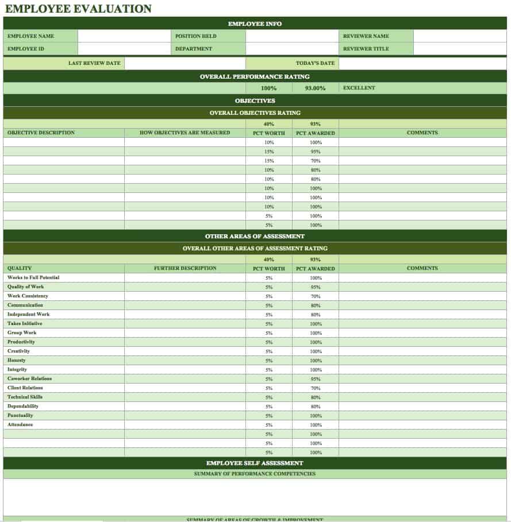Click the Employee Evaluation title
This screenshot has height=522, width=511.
[x=78, y=9]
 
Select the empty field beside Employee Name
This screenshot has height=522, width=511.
[x=124, y=36]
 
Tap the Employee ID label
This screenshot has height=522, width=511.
[x=26, y=49]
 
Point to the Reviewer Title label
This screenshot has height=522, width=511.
[x=366, y=49]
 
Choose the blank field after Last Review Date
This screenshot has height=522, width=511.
[x=185, y=63]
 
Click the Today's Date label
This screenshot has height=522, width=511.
[x=315, y=63]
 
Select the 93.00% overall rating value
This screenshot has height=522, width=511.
[x=315, y=88]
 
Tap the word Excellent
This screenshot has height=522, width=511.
[x=359, y=88]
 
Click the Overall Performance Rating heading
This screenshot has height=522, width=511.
[x=255, y=76]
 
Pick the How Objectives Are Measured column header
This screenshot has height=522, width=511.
[x=185, y=133]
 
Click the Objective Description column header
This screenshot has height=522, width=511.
[x=41, y=133]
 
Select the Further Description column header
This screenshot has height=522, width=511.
[x=185, y=268]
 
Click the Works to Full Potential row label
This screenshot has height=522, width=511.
[x=33, y=277]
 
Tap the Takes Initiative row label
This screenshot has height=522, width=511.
[x=25, y=323]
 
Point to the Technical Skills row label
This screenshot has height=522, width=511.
[x=25, y=397]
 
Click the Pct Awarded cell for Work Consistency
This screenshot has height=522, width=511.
[x=316, y=296]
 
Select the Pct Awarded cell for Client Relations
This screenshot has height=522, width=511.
[x=316, y=388]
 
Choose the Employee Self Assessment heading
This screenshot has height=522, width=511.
[x=255, y=463]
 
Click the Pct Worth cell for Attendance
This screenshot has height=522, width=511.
[x=269, y=425]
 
